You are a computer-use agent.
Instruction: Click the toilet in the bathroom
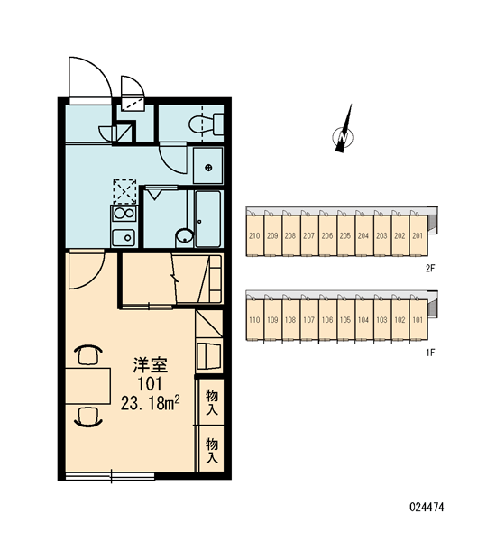tap(206, 124)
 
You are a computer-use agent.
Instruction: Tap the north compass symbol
tap(343, 135)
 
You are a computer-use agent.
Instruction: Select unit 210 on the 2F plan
tap(254, 235)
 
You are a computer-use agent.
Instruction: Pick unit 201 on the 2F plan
tap(418, 235)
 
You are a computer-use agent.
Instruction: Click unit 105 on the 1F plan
tap(345, 320)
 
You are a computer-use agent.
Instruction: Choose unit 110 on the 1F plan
tap(254, 320)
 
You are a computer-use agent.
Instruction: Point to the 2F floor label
tap(430, 268)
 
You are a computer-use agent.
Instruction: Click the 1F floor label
tap(430, 353)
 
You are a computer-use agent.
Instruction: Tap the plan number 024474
tap(427, 507)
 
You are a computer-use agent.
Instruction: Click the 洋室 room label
tap(151, 365)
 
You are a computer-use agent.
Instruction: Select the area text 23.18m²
tap(151, 403)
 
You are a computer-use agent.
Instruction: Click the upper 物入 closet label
tap(212, 402)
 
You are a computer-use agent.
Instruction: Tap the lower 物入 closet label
tap(212, 450)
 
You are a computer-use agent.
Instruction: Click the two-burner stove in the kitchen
tap(124, 214)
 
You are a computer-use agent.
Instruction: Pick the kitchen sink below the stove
tap(124, 237)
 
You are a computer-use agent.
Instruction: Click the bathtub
tap(207, 219)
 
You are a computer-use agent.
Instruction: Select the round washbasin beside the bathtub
tap(185, 236)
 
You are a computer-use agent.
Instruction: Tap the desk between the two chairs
tap(88, 386)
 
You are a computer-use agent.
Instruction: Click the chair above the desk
tap(88, 355)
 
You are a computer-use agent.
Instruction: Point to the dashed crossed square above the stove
tap(124, 191)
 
